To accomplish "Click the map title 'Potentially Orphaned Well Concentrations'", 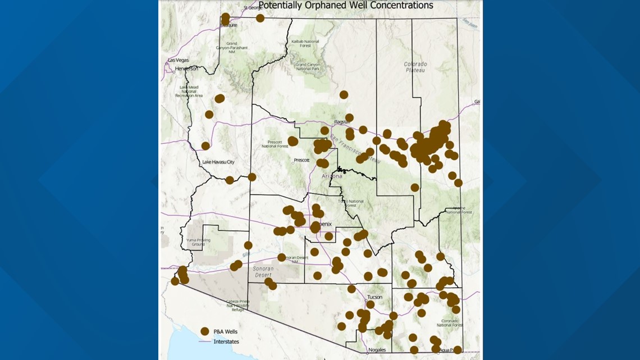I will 345,6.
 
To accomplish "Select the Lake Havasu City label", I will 218,162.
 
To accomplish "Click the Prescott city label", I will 301,160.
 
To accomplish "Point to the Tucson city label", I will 374,297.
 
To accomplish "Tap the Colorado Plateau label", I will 415,67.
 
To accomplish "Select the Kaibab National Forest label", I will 304,44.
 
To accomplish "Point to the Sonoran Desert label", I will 262,272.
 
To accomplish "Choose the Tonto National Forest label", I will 350,203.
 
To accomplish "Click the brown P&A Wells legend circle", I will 205,331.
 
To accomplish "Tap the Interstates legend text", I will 226,341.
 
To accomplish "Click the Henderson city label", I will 186,69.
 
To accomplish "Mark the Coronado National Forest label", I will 450,322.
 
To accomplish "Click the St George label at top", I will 253,8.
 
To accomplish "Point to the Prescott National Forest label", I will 275,144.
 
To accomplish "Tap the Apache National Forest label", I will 459,210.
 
